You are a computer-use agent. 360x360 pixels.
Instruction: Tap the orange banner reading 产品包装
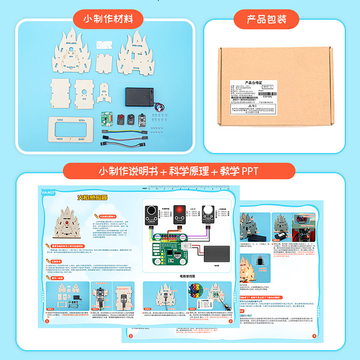click(266, 19)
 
